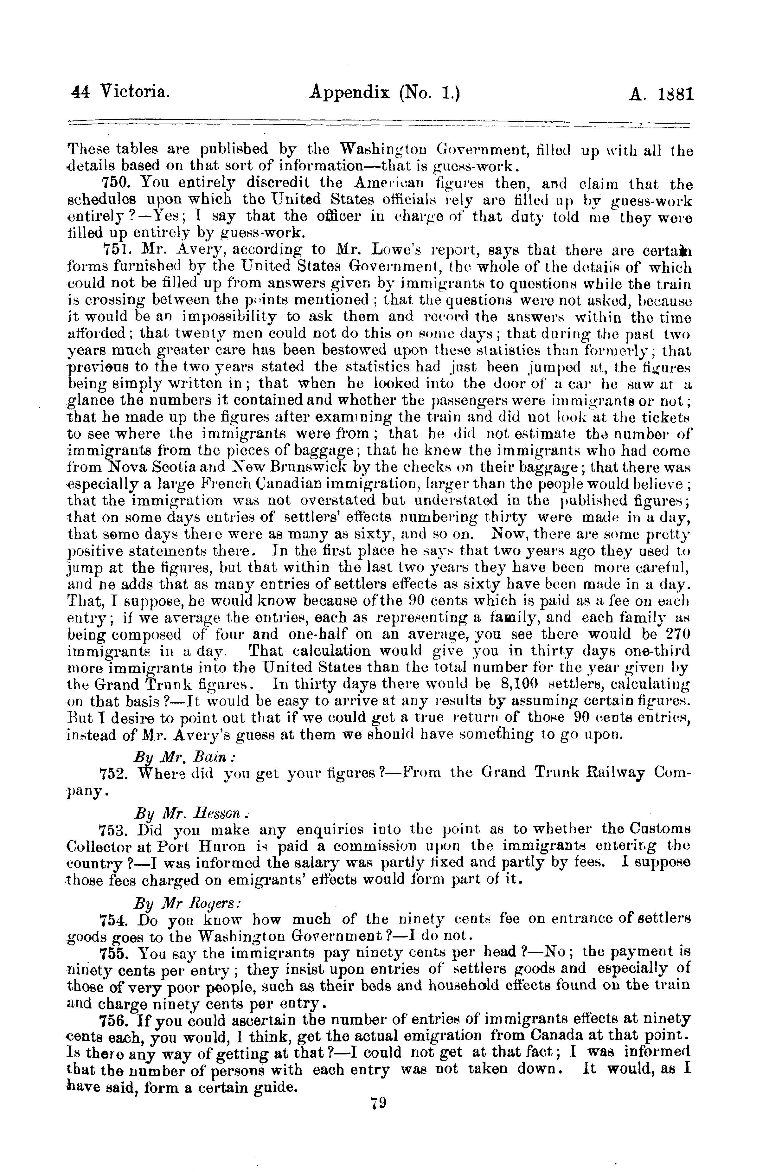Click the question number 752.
114,773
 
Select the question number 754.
114,919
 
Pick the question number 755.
114,953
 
